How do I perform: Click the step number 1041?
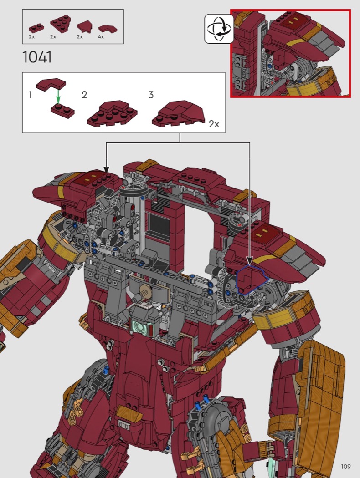(x=37, y=57)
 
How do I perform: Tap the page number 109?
(x=346, y=467)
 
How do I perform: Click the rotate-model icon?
(x=219, y=29)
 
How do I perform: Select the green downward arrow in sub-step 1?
(x=58, y=97)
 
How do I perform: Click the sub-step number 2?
(x=84, y=95)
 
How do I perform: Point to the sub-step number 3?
(x=151, y=95)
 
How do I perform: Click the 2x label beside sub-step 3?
(x=214, y=124)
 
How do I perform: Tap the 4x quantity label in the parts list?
(x=101, y=37)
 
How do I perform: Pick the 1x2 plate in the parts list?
(x=36, y=28)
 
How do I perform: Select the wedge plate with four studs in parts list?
(x=61, y=23)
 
